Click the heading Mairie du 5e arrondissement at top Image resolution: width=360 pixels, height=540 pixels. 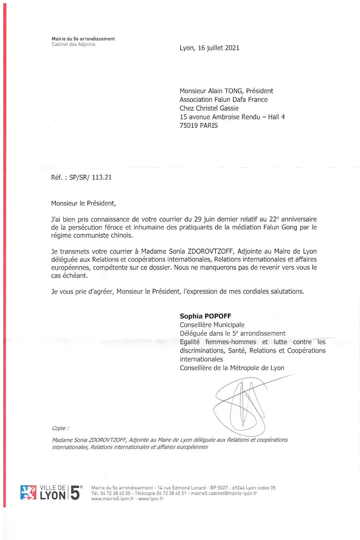tap(83, 39)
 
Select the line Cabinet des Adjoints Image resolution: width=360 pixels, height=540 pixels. tap(74, 44)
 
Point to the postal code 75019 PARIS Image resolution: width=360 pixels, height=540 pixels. tap(199, 126)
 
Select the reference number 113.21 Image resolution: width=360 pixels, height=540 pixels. tap(102, 177)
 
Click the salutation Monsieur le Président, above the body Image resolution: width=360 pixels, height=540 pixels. tap(83, 203)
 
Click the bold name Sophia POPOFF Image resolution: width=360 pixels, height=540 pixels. tap(206, 316)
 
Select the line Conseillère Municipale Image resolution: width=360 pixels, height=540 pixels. tap(212, 325)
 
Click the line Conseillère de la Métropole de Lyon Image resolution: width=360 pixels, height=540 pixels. tap(232, 368)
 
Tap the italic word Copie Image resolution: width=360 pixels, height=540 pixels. tap(60, 428)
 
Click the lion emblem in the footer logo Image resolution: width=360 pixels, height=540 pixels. tap(28, 492)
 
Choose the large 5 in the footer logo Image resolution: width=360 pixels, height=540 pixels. tap(74, 493)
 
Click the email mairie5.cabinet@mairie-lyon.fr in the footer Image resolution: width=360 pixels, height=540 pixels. tap(224, 493)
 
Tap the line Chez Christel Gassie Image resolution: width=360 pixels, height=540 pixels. tap(209, 108)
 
